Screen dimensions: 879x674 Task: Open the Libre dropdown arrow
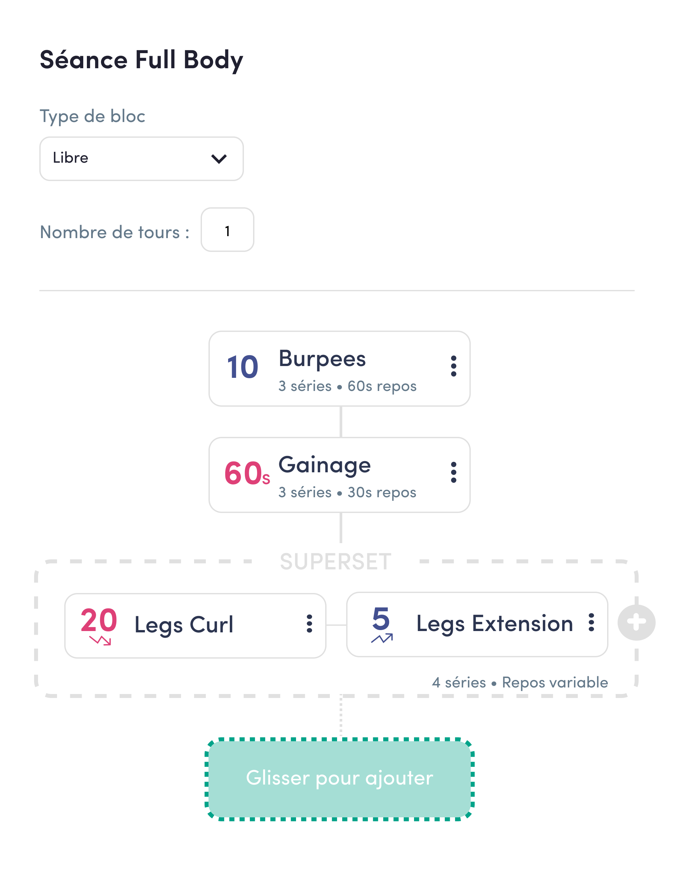click(219, 158)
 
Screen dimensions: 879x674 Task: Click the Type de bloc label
click(92, 116)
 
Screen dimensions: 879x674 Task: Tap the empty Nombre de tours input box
click(227, 230)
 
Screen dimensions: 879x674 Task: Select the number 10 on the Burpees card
click(242, 367)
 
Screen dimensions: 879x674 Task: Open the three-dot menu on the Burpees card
click(453, 366)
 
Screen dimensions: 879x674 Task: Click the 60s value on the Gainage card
click(246, 474)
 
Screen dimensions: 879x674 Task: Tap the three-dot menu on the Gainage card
click(453, 472)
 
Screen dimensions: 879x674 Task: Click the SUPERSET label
click(335, 562)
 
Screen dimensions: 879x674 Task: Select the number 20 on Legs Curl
click(99, 620)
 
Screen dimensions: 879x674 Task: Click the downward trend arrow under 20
click(100, 640)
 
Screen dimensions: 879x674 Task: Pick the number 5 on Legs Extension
click(381, 619)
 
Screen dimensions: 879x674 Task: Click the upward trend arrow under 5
click(382, 638)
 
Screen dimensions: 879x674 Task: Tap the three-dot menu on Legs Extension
click(591, 623)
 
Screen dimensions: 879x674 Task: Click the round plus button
click(636, 623)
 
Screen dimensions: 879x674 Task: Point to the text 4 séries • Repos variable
click(520, 682)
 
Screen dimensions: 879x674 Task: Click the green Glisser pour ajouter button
click(339, 778)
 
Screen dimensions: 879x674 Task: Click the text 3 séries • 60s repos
click(347, 386)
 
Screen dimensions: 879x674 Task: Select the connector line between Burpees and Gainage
click(341, 421)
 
